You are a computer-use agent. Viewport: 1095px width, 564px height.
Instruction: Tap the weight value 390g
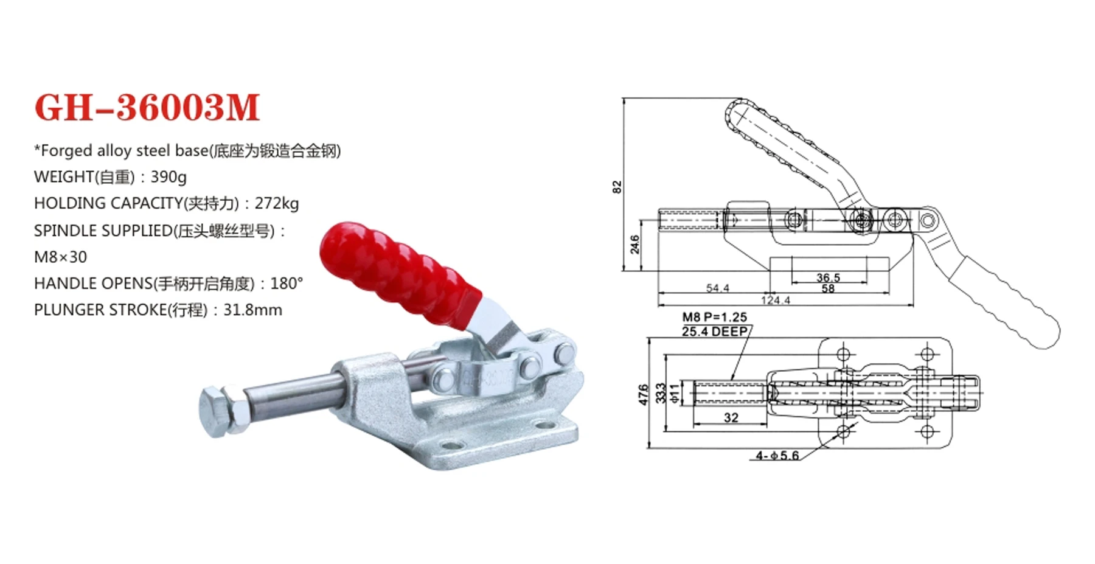pos(169,177)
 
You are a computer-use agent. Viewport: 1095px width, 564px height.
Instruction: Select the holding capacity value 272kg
pos(277,203)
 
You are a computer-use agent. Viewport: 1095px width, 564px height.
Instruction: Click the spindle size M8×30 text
pos(60,257)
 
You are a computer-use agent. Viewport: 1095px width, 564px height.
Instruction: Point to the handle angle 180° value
pos(287,284)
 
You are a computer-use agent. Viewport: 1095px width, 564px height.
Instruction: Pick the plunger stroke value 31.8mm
pos(252,310)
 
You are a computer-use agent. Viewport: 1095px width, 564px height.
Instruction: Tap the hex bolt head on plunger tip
pos(214,412)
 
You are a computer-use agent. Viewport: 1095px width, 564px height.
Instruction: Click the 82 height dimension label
pos(617,187)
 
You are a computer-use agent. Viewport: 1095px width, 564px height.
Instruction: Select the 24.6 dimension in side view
pos(635,244)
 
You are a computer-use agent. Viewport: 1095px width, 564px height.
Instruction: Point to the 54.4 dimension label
pos(717,288)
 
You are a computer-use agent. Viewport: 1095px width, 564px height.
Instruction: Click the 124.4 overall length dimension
pos(775,300)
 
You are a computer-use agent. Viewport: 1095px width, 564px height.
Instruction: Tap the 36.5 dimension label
pos(828,277)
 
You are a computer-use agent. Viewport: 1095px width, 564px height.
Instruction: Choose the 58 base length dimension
pos(828,289)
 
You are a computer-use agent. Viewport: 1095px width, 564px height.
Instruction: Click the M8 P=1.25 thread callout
pos(714,317)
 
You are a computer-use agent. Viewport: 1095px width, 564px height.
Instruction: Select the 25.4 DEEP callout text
pos(714,332)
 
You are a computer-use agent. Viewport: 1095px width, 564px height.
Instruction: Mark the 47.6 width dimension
pos(644,394)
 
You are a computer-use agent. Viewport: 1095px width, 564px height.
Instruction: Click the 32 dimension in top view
pos(731,417)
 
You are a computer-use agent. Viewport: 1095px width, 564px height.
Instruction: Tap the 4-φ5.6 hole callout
pos(777,456)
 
